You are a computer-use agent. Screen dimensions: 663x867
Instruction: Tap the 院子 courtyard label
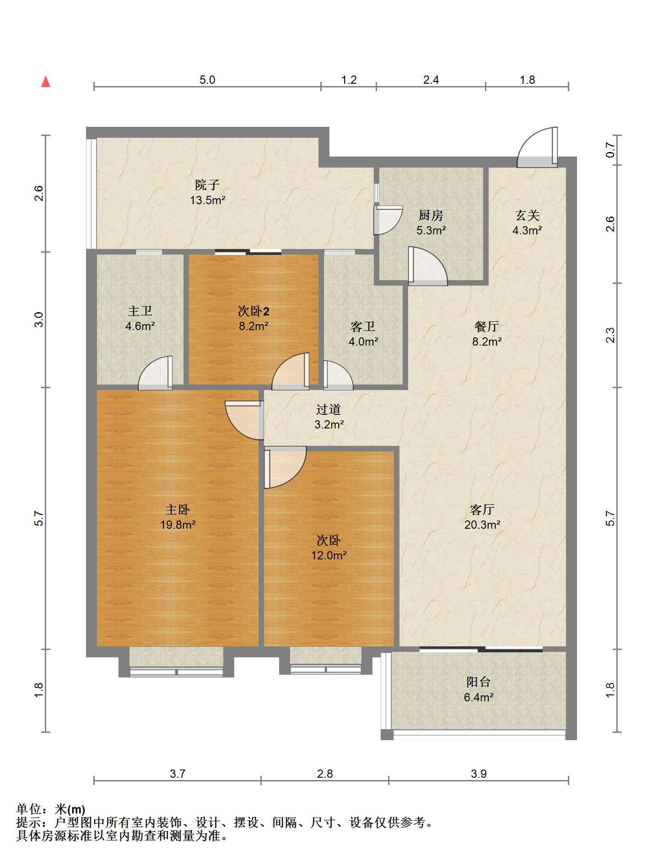point(207,185)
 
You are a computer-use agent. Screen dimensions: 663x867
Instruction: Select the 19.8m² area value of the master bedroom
point(178,525)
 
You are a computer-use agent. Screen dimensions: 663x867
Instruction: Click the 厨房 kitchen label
point(431,215)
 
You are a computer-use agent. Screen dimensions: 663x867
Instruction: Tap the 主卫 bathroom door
point(155,373)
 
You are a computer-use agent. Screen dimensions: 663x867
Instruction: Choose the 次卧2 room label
point(253,311)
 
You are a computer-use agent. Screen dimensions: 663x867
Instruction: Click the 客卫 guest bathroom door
point(338,375)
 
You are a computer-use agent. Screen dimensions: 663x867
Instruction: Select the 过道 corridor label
point(329,409)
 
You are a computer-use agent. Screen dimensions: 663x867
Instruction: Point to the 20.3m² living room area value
point(482,525)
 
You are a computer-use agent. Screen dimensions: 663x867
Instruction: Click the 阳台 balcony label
point(479,682)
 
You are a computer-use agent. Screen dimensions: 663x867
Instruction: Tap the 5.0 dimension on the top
point(207,80)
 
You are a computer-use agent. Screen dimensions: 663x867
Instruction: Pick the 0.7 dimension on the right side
point(610,149)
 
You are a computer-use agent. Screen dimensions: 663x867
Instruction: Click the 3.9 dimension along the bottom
point(479,774)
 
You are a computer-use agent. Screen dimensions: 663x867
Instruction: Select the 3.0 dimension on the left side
point(39,319)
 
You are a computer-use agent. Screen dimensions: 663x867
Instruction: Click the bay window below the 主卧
point(176,661)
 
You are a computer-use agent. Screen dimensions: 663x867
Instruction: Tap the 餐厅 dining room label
point(486,326)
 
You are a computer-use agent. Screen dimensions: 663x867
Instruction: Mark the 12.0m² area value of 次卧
point(329,555)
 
